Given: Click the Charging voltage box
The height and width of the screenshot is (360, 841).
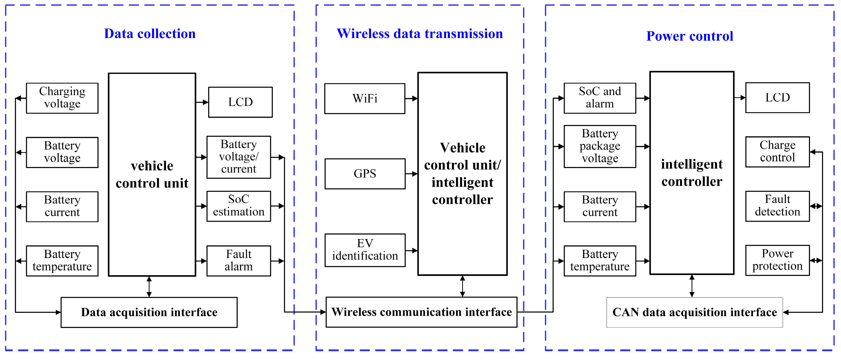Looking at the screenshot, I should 62,98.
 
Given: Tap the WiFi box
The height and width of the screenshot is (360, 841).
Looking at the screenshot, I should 364,98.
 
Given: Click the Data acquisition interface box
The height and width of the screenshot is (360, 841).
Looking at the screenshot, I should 149,312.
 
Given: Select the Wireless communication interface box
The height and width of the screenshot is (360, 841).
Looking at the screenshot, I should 421,312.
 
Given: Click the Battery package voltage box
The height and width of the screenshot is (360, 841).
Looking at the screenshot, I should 599,146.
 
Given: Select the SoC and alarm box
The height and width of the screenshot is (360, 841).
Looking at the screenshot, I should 599,98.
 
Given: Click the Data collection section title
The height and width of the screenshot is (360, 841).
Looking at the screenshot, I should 150,34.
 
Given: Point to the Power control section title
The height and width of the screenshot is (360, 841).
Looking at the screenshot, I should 690,36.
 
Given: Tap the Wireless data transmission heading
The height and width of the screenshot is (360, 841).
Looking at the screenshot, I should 420,34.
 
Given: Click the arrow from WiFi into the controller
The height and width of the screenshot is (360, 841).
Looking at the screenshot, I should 411,98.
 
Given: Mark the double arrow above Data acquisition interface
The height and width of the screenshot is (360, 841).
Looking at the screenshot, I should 149,287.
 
